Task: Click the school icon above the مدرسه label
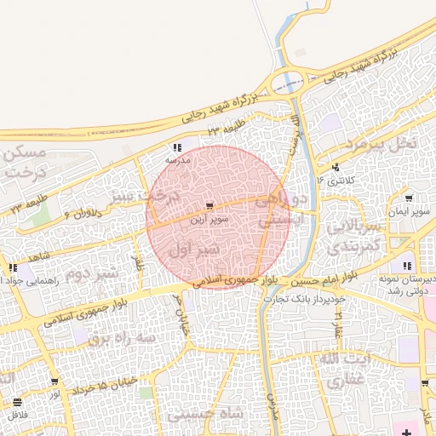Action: click(177, 146)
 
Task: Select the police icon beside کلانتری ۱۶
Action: click(336, 167)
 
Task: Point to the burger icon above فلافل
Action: click(18, 401)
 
